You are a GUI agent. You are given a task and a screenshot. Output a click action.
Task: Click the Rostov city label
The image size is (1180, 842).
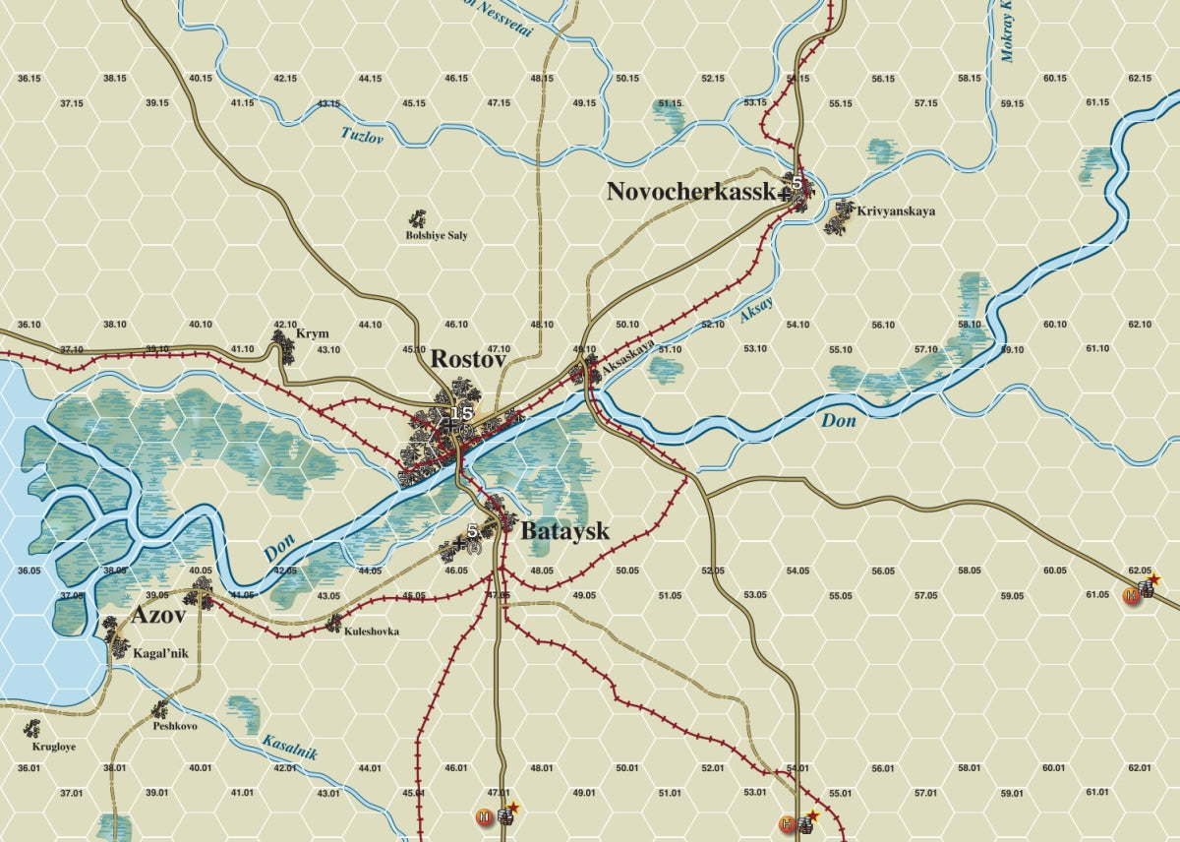[468, 360]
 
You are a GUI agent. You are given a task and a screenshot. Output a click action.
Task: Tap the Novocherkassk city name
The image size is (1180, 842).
[690, 192]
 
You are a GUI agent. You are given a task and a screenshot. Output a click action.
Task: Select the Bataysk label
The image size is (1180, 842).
[564, 532]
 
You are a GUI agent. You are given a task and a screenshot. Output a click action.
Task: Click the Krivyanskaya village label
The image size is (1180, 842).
[896, 211]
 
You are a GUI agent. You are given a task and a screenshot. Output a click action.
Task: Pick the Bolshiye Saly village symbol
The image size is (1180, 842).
[419, 217]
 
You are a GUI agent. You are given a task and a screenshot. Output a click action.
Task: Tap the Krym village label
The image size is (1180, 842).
[313, 334]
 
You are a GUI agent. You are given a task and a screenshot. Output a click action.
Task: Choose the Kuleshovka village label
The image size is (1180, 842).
[372, 631]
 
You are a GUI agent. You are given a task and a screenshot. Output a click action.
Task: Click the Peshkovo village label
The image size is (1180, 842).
[175, 726]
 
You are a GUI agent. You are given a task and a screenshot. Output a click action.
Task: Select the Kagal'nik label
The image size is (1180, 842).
[160, 652]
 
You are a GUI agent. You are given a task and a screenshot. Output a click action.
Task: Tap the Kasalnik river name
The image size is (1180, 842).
[289, 747]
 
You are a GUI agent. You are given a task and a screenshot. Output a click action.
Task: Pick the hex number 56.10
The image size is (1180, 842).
[882, 325]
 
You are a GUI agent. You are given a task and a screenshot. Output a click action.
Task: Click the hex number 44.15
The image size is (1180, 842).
[370, 78]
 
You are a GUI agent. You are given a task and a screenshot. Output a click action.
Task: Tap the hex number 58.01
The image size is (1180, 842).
[969, 768]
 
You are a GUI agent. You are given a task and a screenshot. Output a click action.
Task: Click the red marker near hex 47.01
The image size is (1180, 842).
[484, 816]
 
